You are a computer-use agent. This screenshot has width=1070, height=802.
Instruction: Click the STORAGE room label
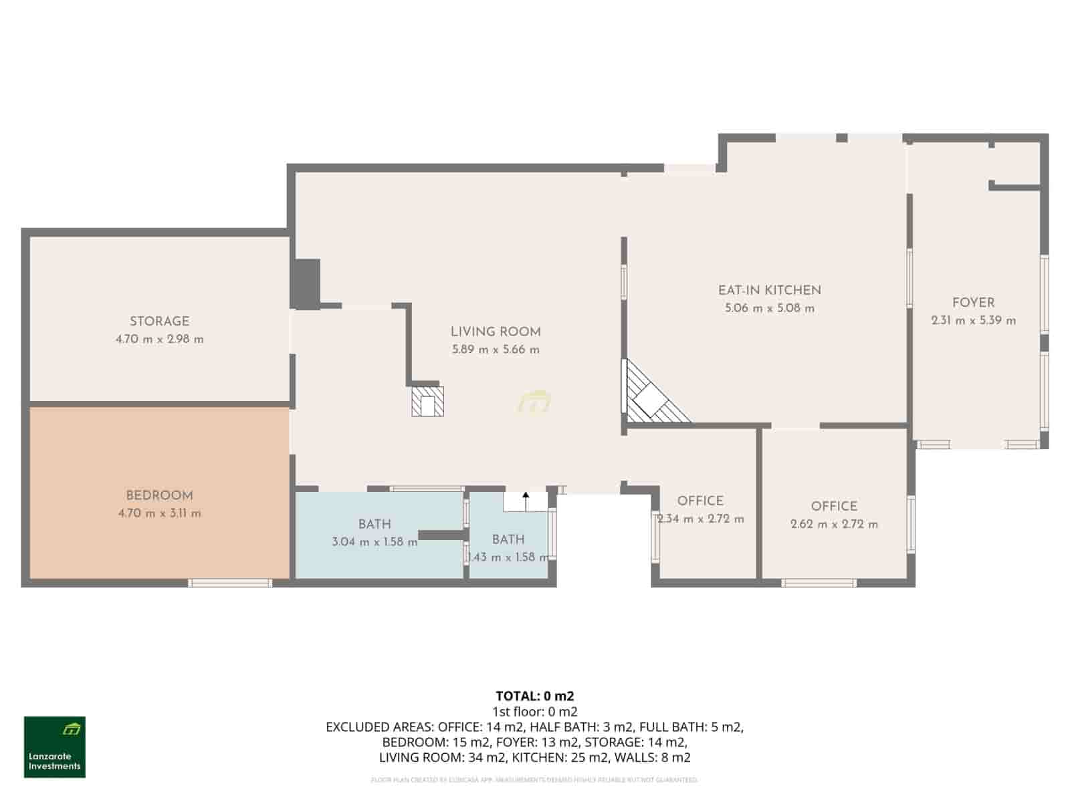159,321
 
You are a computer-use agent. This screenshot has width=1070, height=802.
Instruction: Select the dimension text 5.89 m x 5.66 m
496,350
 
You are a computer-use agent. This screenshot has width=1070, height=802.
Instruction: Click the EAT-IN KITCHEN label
769,290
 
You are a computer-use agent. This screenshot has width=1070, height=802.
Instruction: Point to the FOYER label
973,303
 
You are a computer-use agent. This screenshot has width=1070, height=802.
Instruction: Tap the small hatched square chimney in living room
427,401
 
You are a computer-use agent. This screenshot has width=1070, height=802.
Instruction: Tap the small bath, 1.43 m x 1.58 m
508,548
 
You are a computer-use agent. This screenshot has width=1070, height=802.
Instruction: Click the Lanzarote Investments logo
55,747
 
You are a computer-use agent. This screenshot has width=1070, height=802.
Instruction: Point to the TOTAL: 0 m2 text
534,696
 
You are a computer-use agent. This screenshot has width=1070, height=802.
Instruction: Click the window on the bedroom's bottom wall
230,583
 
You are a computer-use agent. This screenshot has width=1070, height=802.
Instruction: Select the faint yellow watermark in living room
534,402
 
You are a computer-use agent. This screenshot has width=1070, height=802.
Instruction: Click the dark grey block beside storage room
306,283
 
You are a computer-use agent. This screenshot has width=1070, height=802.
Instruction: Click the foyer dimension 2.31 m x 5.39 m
973,321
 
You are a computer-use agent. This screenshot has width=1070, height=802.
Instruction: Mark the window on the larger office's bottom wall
819,583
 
